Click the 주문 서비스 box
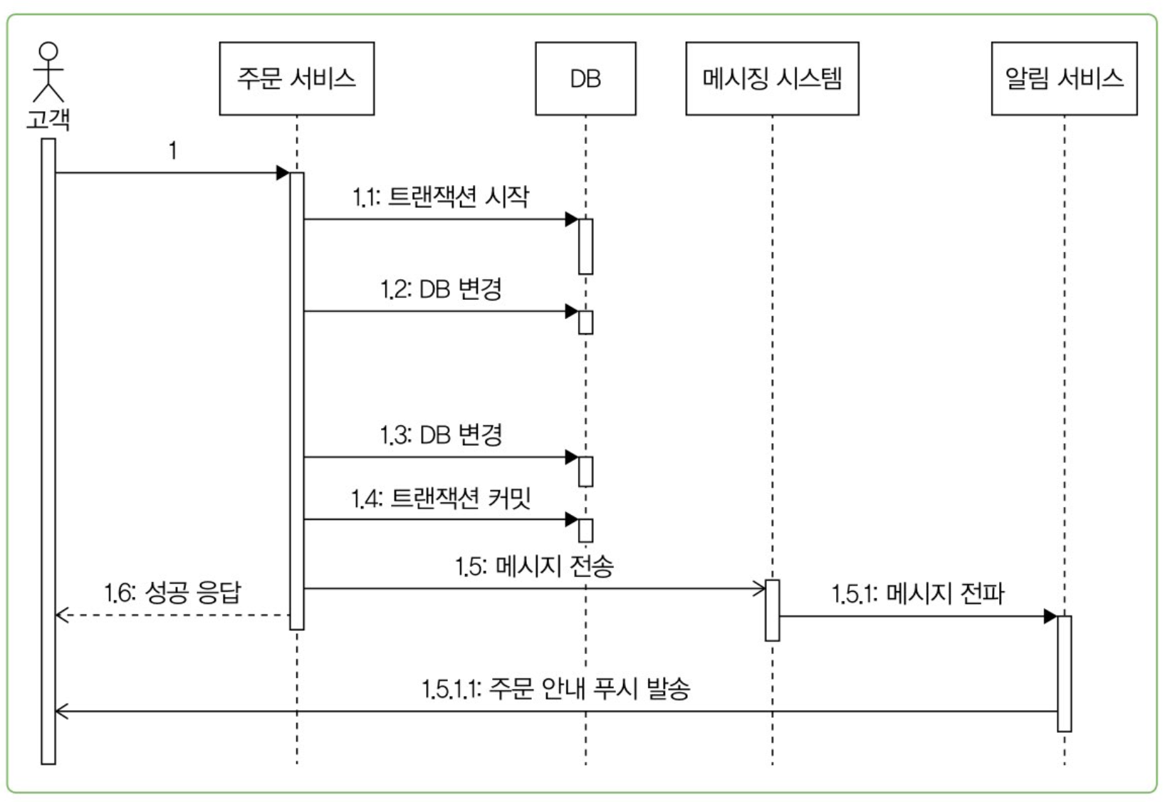(296, 78)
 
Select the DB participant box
(585, 78)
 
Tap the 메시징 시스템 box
(772, 78)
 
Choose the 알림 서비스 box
(1064, 78)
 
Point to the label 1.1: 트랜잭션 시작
(441, 197)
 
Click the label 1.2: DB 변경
(441, 289)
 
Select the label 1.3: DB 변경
(441, 434)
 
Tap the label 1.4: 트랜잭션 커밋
(441, 498)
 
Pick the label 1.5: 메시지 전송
(534, 567)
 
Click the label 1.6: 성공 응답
(172, 593)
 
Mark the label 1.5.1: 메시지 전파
(918, 593)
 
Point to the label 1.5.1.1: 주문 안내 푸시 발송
(555, 689)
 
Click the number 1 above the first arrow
(172, 150)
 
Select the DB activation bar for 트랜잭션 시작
(585, 246)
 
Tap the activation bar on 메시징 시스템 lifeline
(772, 610)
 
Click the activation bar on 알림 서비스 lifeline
(1064, 673)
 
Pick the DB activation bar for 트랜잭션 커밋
(585, 531)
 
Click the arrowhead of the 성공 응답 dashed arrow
(61, 615)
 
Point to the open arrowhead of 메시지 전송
(760, 588)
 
